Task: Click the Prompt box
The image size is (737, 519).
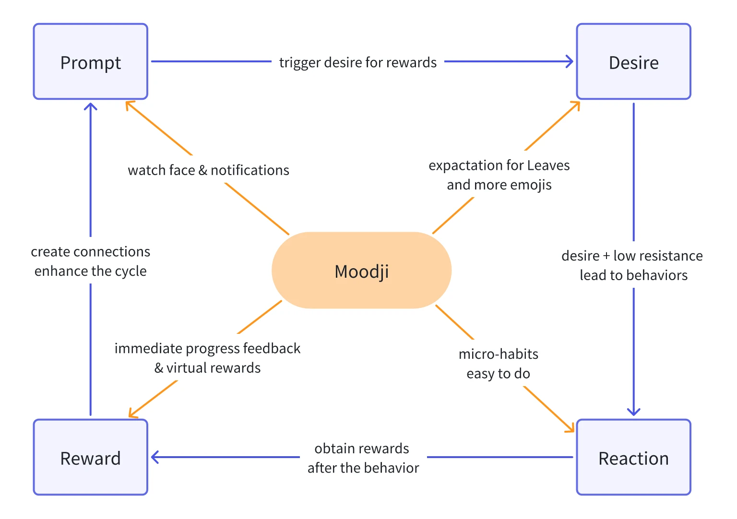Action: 90,62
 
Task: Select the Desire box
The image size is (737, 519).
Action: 633,62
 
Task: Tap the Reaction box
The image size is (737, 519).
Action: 633,458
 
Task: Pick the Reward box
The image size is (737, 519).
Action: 90,458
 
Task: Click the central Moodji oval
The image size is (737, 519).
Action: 361,271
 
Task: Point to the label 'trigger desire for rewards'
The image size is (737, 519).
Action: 358,62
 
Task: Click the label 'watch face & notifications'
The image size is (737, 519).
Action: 208,170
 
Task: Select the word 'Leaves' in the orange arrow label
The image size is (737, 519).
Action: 548,165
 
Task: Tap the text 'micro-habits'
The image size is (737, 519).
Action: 498,354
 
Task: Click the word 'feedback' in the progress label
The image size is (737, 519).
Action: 272,348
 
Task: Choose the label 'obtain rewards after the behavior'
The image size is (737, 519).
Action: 363,458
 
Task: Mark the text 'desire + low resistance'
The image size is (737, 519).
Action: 632,256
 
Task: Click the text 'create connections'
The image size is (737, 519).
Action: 90,252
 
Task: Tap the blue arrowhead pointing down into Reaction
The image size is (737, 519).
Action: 633,412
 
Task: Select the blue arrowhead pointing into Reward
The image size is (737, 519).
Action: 155,457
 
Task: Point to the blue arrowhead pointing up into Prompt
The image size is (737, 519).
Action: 90,106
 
